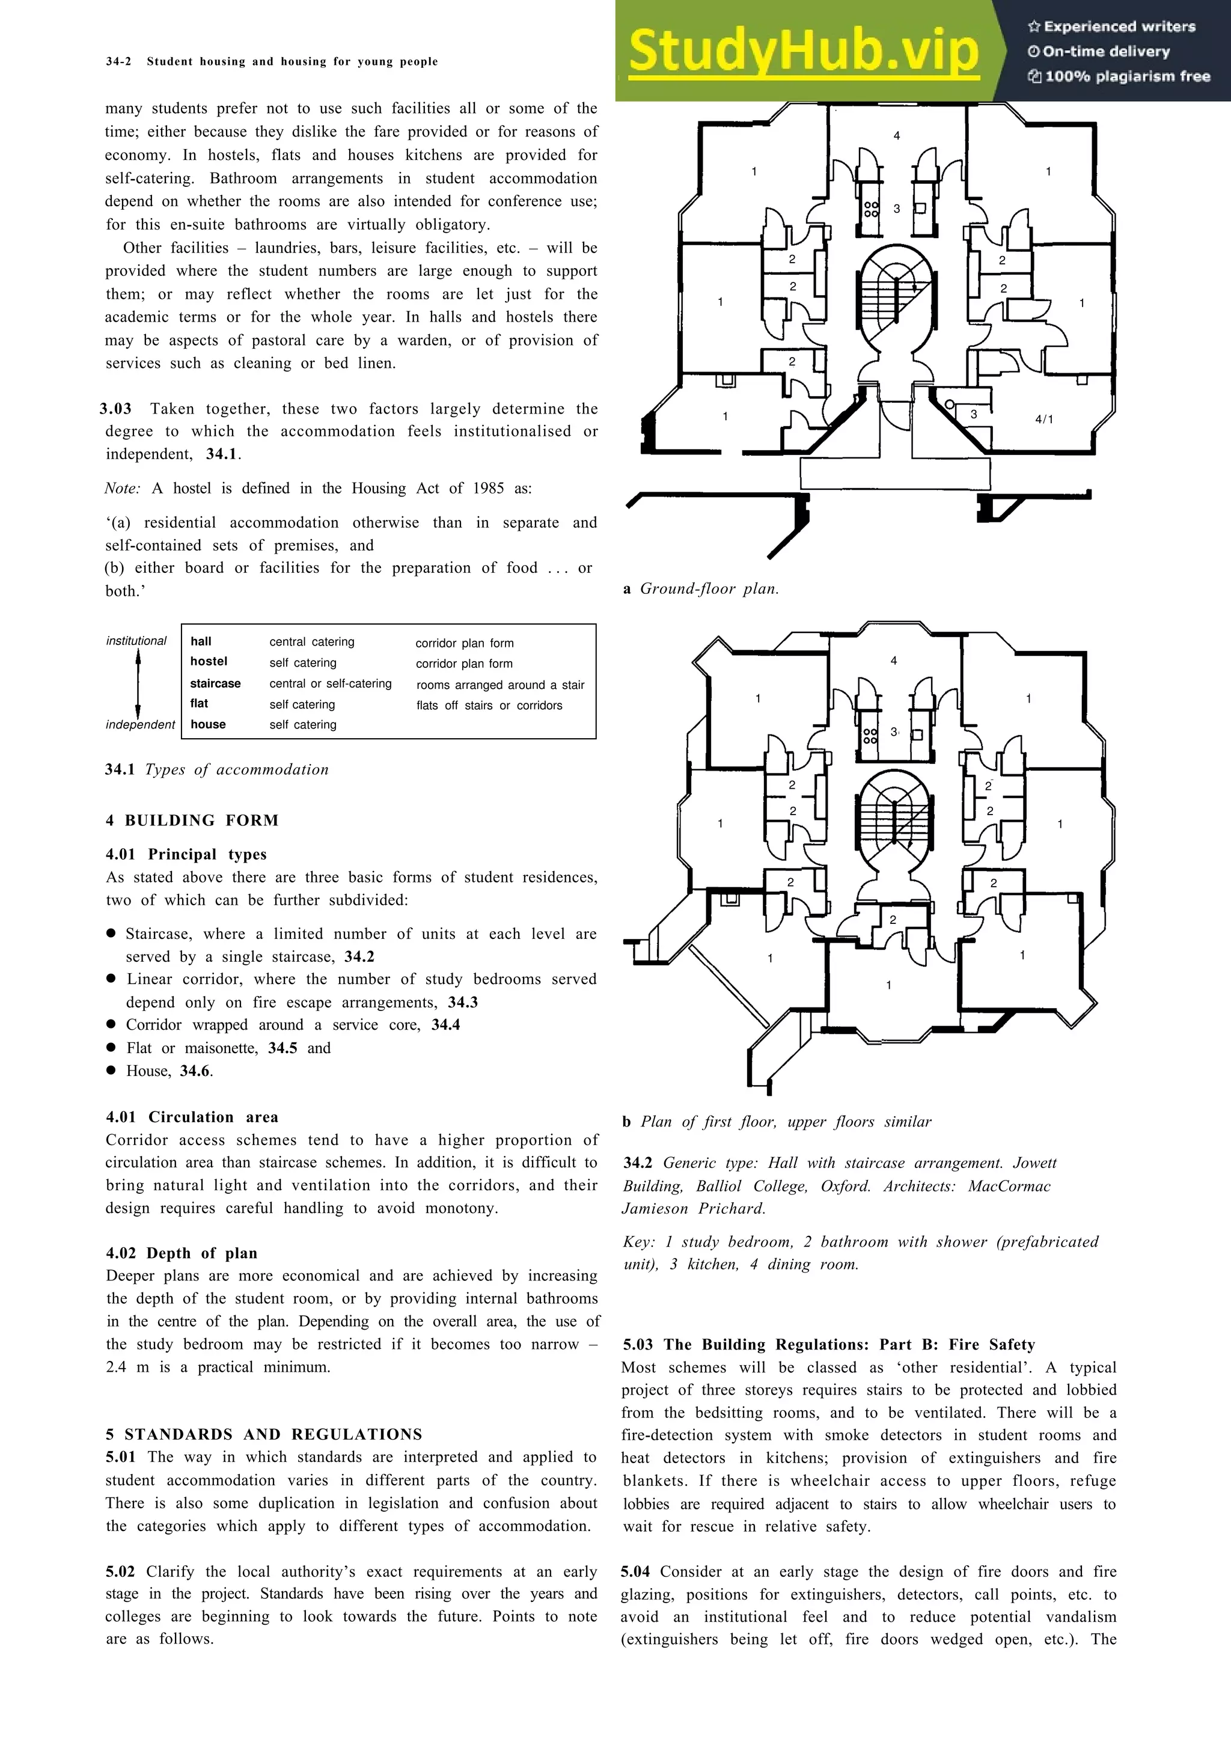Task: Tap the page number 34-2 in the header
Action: [118, 61]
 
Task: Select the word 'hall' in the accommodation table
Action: [201, 641]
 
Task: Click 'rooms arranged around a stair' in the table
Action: [500, 684]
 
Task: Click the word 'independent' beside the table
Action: [140, 724]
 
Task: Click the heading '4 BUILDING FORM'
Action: [192, 820]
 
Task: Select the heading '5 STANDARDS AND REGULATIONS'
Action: [264, 1434]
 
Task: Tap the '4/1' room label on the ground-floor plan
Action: [1045, 419]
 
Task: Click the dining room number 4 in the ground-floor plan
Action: [897, 136]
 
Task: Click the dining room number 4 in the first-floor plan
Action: [893, 661]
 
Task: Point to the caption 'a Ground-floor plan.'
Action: [701, 588]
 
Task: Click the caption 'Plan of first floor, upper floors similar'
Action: [785, 1122]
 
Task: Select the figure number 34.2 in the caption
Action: [638, 1163]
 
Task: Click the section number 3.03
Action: [115, 409]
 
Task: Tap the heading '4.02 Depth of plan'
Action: [182, 1253]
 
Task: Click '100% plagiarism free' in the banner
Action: [1126, 76]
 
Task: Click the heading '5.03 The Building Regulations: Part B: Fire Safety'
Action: [828, 1345]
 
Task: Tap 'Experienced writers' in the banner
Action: [1119, 26]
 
